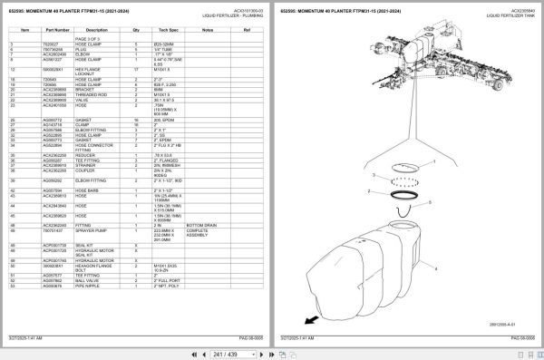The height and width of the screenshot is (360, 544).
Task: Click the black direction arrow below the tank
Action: coord(311,320)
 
